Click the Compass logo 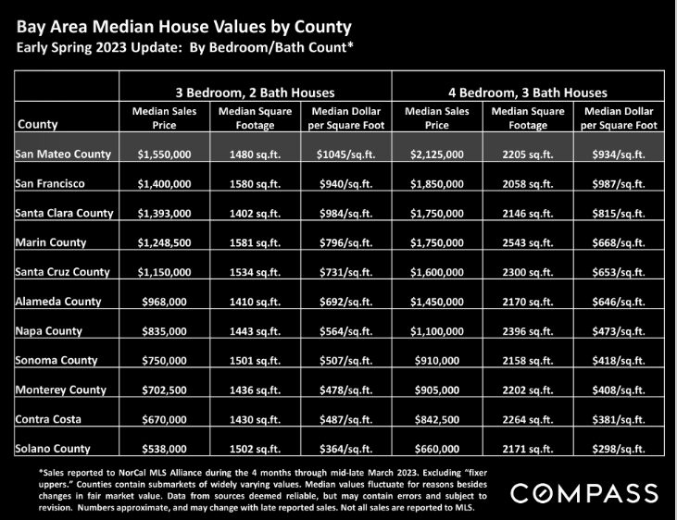584,493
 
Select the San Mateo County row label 63,155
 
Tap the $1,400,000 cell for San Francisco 164,184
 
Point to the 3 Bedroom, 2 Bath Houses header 256,93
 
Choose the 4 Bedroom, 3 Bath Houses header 528,93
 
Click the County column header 38,124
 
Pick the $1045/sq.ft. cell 345,155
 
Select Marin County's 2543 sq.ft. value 528,243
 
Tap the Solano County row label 53,449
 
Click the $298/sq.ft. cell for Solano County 619,450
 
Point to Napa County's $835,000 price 164,331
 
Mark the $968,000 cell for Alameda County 164,302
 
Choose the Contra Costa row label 48,419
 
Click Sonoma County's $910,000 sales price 437,361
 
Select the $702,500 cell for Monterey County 164,390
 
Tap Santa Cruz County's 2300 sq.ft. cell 528,272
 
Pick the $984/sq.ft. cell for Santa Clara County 345,214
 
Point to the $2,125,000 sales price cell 437,155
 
